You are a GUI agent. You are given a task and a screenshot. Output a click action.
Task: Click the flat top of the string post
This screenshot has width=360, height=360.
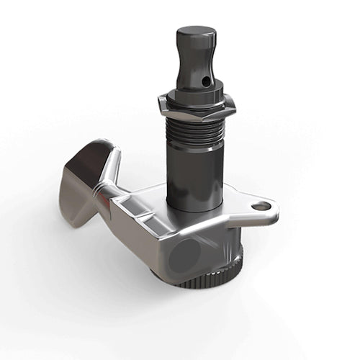196,32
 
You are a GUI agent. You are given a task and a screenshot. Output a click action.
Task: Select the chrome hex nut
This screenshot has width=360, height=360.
196,107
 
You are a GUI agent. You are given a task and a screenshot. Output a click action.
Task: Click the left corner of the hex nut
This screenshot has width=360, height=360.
160,109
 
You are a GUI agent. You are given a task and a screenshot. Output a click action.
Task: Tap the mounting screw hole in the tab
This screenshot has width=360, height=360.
261,206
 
